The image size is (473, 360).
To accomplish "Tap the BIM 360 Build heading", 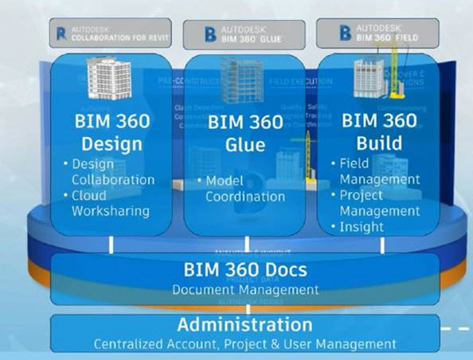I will pyautogui.click(x=379, y=132).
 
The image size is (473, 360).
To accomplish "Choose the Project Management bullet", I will pyautogui.click(x=376, y=203).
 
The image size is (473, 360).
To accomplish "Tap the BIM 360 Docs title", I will pyautogui.click(x=245, y=269).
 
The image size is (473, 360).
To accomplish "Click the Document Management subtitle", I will pyautogui.click(x=245, y=289).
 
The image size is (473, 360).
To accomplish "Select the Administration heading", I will pyautogui.click(x=244, y=324).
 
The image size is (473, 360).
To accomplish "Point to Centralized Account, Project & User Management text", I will pyautogui.click(x=244, y=344).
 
